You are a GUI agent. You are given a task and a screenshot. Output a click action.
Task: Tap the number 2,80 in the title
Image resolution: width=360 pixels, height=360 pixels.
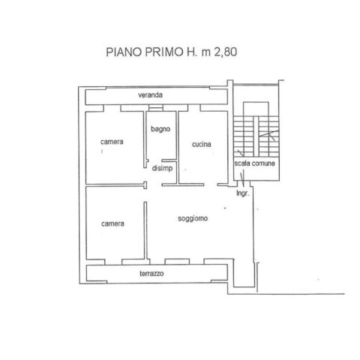[x=226, y=52]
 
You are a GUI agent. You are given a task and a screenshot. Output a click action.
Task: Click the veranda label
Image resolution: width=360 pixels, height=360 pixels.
[x=150, y=94]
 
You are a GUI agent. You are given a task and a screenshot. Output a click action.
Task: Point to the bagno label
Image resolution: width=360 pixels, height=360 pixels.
[x=160, y=129]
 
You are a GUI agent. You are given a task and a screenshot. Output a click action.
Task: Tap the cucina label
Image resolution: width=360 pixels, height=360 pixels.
[x=202, y=144]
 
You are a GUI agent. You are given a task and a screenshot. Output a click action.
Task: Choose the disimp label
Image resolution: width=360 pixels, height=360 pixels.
[x=162, y=168]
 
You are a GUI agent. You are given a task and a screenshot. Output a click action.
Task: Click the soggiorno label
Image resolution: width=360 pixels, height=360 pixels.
[x=193, y=218]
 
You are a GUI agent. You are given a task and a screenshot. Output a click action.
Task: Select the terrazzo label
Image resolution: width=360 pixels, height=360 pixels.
[x=151, y=274]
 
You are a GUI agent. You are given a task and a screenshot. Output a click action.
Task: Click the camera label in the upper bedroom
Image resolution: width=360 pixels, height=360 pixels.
[x=112, y=142]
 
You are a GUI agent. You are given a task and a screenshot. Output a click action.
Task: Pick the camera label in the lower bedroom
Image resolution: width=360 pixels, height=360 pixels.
[x=112, y=223]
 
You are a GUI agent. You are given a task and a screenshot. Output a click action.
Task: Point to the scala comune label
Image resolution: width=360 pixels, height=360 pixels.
[x=254, y=163]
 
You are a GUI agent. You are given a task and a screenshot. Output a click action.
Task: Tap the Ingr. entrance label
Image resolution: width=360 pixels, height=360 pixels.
[x=243, y=193]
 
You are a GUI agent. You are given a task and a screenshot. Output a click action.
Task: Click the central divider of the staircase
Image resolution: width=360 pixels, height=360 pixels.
[x=256, y=136]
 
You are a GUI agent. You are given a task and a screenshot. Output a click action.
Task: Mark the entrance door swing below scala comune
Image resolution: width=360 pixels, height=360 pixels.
[x=242, y=178]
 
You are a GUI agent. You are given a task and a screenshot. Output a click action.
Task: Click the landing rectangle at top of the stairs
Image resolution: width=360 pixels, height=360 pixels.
[x=256, y=109]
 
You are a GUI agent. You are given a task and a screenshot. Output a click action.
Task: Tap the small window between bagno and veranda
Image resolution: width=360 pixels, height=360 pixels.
[x=156, y=108]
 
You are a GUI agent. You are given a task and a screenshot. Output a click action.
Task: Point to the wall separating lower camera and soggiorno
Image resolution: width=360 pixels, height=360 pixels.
[x=145, y=230]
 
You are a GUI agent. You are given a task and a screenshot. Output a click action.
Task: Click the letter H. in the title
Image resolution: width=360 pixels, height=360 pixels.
[x=192, y=52]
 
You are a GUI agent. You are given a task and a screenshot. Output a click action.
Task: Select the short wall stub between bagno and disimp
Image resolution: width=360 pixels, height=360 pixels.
[x=169, y=160]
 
